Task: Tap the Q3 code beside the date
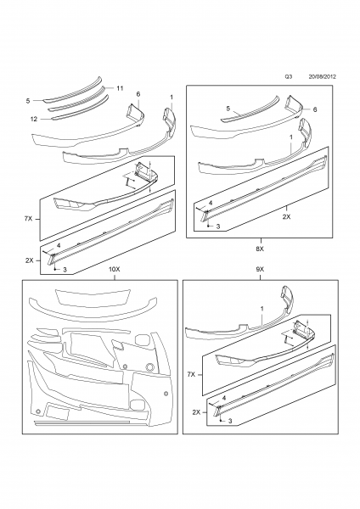pyautogui.click(x=288, y=75)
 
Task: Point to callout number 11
pyautogui.click(x=120, y=88)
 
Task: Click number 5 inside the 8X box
pyautogui.click(x=228, y=108)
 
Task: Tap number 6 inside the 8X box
pyautogui.click(x=315, y=110)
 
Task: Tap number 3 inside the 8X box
pyautogui.click(x=218, y=228)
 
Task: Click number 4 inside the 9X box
pyautogui.click(x=223, y=398)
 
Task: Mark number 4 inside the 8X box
pyautogui.click(x=211, y=202)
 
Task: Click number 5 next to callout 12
pyautogui.click(x=27, y=99)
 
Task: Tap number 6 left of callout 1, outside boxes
pyautogui.click(x=138, y=93)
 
